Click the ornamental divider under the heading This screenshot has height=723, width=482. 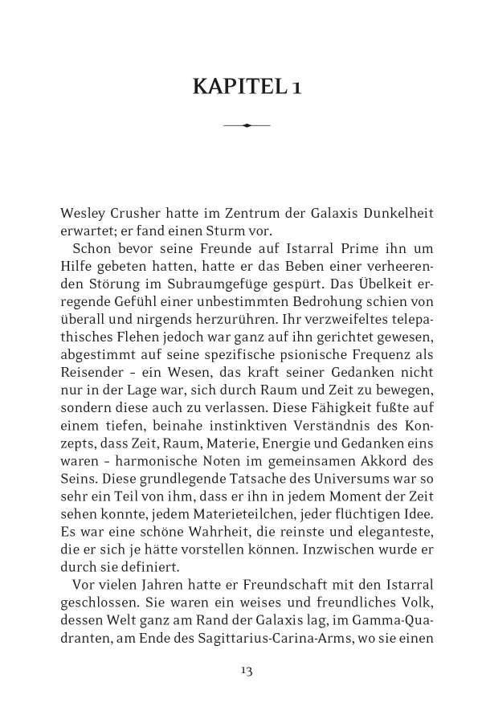[247, 125]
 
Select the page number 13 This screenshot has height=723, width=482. [247, 670]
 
